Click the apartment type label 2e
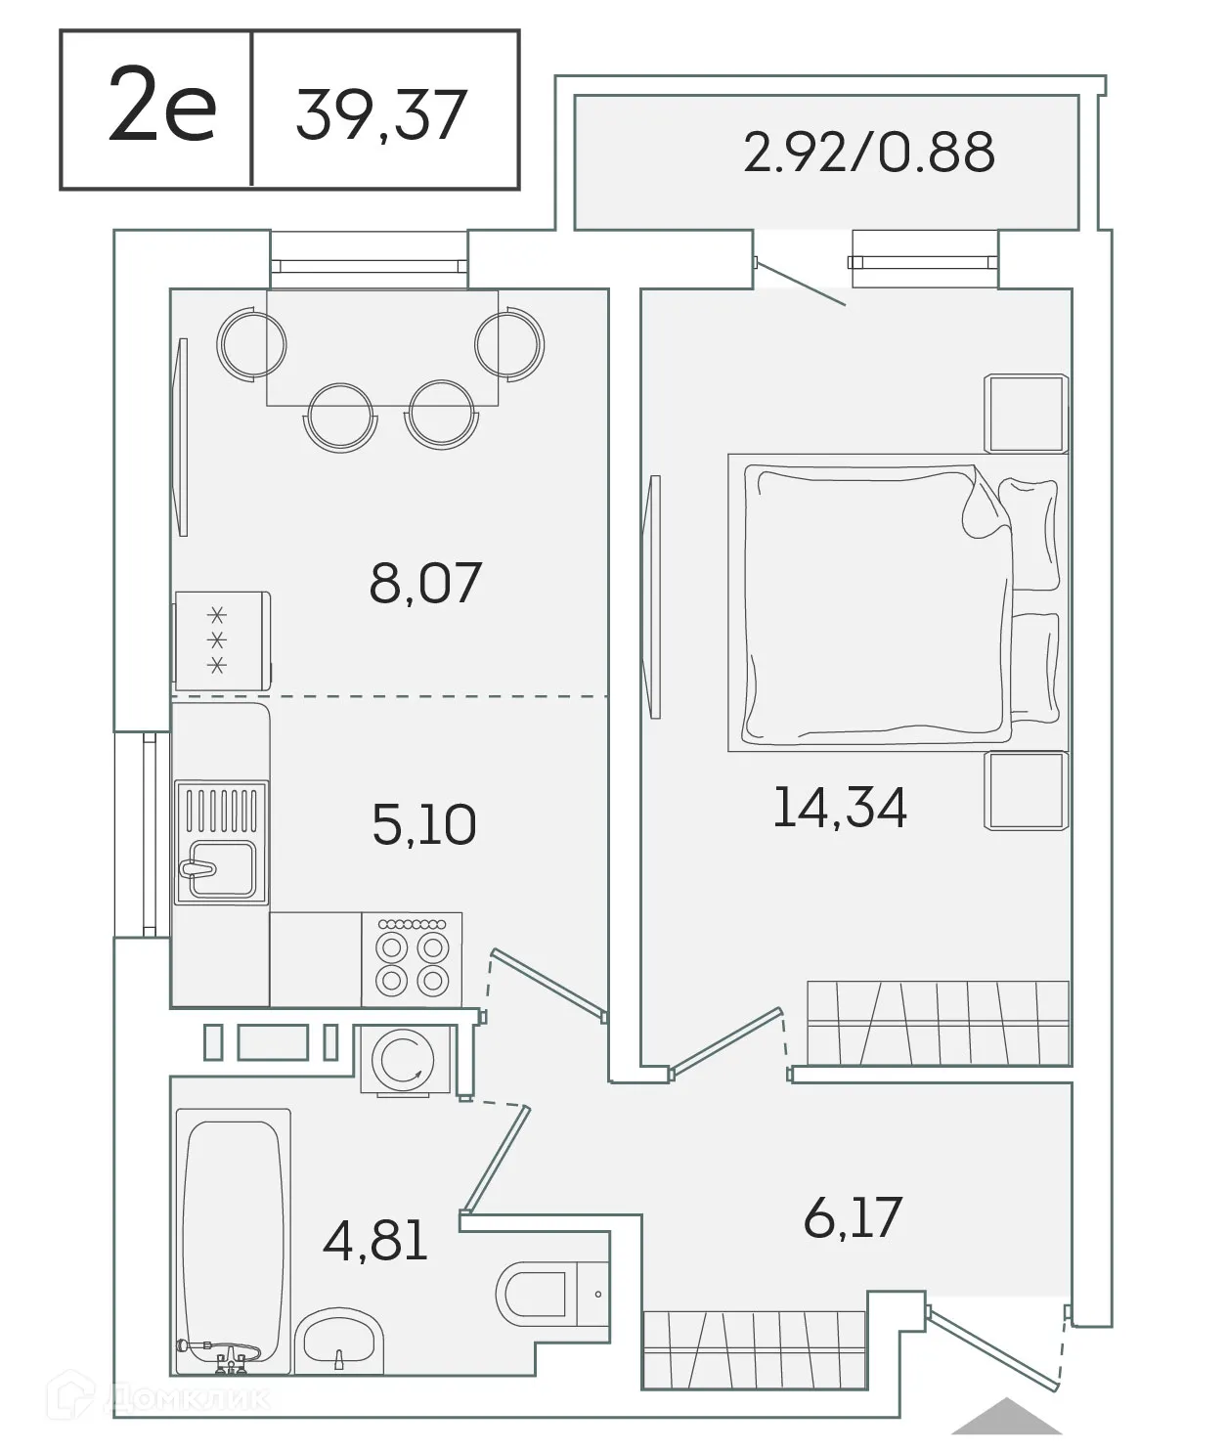[x=161, y=109]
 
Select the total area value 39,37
[x=381, y=114]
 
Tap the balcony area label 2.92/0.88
[x=868, y=153]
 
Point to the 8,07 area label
[x=425, y=583]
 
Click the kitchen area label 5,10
[x=424, y=823]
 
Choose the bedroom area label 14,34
[x=840, y=808]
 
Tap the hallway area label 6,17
[x=853, y=1217]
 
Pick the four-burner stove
[x=412, y=959]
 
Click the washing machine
[x=405, y=1060]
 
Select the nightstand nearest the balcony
[x=1025, y=413]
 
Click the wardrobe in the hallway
[x=754, y=1349]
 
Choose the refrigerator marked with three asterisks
[x=222, y=640]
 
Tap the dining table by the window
[x=382, y=347]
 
